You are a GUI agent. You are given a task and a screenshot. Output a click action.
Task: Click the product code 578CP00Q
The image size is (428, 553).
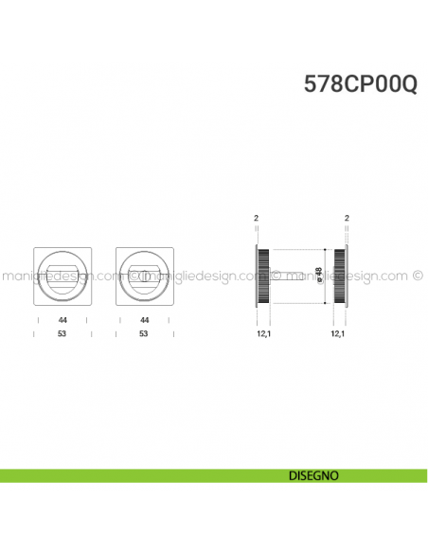click(359, 83)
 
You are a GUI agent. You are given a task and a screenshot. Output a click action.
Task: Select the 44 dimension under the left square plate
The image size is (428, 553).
click(62, 321)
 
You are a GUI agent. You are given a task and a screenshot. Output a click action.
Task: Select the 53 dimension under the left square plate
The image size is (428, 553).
click(62, 333)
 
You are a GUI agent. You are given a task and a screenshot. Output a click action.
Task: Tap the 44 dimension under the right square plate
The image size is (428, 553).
click(144, 321)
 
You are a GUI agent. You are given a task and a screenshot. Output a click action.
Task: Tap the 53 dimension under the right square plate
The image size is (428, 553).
click(144, 333)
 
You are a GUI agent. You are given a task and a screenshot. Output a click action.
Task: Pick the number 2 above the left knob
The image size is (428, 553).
click(256, 219)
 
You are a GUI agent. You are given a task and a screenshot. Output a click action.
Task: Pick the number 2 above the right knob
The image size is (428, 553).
click(348, 219)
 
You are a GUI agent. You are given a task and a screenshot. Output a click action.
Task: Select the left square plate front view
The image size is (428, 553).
click(62, 276)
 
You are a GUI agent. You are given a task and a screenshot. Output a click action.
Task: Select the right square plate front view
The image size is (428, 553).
click(144, 276)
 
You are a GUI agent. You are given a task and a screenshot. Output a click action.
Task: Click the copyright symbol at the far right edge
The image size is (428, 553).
click(418, 276)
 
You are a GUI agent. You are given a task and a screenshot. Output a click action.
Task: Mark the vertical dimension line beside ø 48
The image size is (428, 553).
click(328, 276)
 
